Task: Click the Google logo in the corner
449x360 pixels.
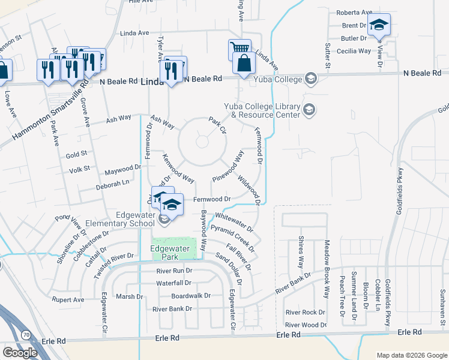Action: [20, 353]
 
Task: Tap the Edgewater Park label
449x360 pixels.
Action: [165, 252]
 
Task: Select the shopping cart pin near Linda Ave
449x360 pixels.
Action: [239, 49]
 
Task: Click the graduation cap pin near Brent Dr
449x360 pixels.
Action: [379, 25]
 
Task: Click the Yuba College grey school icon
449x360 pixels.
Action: [310, 79]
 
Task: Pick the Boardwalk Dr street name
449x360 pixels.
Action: [191, 296]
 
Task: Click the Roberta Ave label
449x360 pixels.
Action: [354, 13]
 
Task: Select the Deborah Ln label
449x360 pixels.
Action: [112, 184]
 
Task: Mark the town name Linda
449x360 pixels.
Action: [152, 83]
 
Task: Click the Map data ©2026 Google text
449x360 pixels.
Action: [411, 355]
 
